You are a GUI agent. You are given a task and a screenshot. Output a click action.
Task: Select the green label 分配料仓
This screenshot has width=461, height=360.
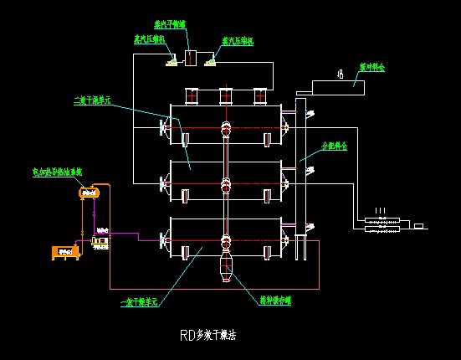click(x=334, y=145)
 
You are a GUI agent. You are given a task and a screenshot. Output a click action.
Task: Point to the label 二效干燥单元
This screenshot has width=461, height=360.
click(x=92, y=100)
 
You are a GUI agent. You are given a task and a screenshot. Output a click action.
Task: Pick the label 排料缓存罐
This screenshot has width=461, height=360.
click(x=274, y=296)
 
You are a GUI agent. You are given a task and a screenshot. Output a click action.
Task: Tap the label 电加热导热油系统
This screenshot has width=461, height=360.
click(x=56, y=172)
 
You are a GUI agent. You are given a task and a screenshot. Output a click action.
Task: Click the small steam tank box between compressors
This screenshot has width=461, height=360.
click(x=190, y=59)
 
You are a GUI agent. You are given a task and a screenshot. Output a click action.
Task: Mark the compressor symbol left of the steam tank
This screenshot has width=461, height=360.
click(x=170, y=59)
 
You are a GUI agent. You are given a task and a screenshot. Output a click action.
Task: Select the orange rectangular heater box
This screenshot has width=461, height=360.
click(x=63, y=251)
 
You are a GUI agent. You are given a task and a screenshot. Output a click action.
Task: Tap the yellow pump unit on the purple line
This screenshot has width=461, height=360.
click(x=100, y=243)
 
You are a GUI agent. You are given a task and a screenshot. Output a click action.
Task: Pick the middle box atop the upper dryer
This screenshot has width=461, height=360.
click(x=226, y=96)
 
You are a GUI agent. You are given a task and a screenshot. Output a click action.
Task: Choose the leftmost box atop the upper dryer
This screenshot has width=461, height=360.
click(x=192, y=96)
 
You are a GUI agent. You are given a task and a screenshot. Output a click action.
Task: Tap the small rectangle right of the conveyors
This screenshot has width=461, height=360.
click(x=419, y=226)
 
